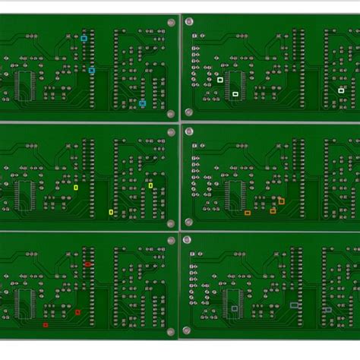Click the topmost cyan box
84,37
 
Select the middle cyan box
91,70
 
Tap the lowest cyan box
142,103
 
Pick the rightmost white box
341,90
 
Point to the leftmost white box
219,79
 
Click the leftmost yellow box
76,187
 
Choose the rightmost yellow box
150,185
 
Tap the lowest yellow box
111,212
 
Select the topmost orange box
281,201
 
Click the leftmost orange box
248,213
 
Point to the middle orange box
273,210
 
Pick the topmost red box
87,264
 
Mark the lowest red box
45,325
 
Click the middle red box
77,312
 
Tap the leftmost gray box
234,308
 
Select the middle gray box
294,305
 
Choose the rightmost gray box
328,310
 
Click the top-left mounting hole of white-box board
189,22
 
